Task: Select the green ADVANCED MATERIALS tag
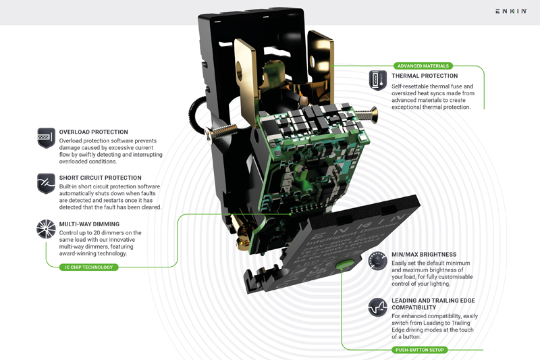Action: pyautogui.click(x=423, y=66)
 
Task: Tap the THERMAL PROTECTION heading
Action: pyautogui.click(x=425, y=76)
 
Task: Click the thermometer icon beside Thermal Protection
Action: pyautogui.click(x=378, y=81)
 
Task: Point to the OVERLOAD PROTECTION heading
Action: pyautogui.click(x=93, y=132)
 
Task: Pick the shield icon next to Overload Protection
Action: pyautogui.click(x=46, y=138)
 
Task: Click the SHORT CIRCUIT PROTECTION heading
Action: pyautogui.click(x=100, y=178)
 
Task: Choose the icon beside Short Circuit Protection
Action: pyautogui.click(x=46, y=184)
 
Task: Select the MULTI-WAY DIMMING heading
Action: pyautogui.click(x=89, y=224)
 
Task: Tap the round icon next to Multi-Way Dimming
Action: pyautogui.click(x=46, y=229)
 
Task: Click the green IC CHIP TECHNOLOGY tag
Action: pyautogui.click(x=89, y=267)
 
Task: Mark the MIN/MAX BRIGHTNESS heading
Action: pyautogui.click(x=425, y=255)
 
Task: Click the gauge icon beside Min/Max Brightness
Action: pyautogui.click(x=378, y=261)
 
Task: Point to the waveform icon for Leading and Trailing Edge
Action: pyautogui.click(x=378, y=307)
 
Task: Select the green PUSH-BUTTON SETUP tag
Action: pyautogui.click(x=419, y=350)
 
